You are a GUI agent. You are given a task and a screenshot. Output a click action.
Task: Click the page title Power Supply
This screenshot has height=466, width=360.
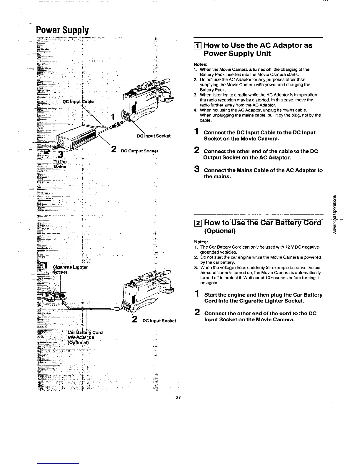62,30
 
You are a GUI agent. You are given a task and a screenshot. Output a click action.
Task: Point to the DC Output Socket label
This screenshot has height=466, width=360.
139,151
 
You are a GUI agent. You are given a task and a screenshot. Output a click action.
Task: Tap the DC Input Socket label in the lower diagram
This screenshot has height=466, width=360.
159,321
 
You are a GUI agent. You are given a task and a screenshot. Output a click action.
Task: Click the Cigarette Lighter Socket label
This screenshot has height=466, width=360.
70,269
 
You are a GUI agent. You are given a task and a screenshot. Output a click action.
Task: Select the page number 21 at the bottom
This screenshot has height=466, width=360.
177,398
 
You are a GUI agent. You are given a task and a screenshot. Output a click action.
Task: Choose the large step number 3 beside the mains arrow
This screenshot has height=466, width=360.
60,154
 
